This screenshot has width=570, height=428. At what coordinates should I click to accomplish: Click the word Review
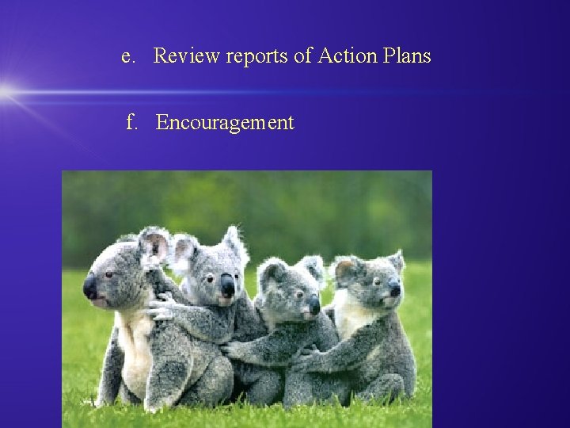[187, 56]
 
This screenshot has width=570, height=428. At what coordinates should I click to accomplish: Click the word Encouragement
[225, 123]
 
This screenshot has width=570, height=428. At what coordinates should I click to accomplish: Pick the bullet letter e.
[127, 56]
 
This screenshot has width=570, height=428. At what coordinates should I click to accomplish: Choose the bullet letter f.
[131, 123]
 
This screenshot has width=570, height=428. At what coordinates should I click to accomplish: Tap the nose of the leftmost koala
[90, 287]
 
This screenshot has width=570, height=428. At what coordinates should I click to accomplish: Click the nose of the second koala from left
[228, 286]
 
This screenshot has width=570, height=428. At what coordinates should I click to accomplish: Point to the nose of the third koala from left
[314, 304]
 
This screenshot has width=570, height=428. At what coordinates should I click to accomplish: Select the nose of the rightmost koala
[394, 290]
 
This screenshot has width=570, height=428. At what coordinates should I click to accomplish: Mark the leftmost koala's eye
[109, 274]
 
